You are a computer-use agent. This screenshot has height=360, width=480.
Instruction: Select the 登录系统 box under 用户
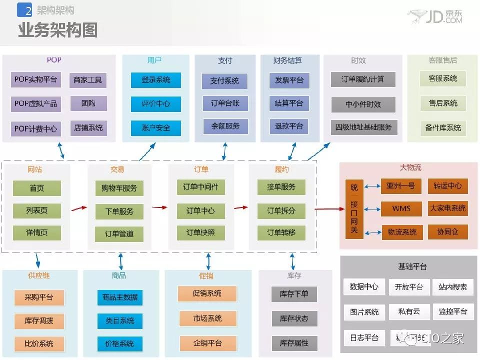[155, 80]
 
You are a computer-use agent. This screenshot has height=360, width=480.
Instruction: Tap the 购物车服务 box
[119, 188]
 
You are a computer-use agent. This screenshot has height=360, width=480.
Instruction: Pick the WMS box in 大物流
[401, 208]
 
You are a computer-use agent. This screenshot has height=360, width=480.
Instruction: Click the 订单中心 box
[200, 210]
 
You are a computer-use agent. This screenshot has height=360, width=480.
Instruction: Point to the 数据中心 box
[364, 287]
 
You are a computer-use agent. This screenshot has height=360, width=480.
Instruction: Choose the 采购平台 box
[38, 297]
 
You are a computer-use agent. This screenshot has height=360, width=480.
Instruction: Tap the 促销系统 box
[207, 293]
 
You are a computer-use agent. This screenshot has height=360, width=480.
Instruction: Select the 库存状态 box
[294, 318]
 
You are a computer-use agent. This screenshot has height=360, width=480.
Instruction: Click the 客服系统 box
[442, 78]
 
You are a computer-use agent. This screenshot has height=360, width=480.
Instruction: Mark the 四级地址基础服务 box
[363, 126]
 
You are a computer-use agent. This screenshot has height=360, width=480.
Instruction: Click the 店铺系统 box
[88, 127]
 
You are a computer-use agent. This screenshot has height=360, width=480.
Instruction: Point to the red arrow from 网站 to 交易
[78, 208]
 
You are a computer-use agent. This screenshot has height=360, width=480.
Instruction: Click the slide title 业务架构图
[57, 30]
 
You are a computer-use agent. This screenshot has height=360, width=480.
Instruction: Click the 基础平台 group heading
[408, 266]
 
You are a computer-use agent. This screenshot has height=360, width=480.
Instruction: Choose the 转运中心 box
[447, 185]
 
